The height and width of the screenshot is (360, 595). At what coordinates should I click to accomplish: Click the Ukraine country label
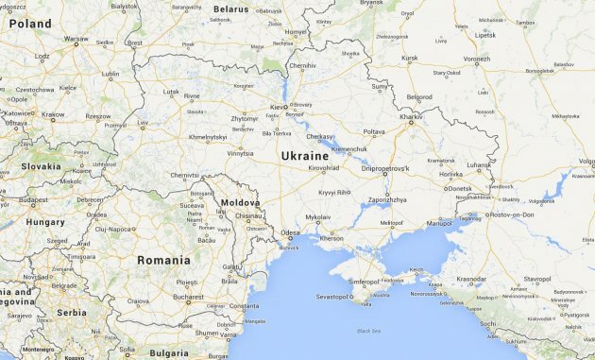pyautogui.click(x=305, y=156)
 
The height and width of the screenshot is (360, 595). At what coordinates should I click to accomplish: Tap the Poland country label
pyautogui.click(x=30, y=23)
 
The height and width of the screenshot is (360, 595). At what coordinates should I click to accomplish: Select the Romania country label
pyautogui.click(x=163, y=260)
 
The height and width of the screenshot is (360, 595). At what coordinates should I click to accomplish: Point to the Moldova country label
pyautogui.click(x=240, y=203)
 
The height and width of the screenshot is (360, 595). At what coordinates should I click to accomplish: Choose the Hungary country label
pyautogui.click(x=45, y=222)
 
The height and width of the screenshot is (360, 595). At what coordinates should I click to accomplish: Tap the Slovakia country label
pyautogui.click(x=42, y=166)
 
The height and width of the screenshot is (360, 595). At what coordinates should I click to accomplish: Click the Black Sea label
pyautogui.click(x=370, y=331)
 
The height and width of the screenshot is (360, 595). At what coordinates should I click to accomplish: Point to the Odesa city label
pyautogui.click(x=290, y=232)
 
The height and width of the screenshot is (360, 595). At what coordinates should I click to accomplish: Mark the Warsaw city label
pyautogui.click(x=76, y=40)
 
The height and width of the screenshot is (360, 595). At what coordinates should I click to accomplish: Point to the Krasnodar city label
pyautogui.click(x=471, y=280)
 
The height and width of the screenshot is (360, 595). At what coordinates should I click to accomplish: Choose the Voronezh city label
pyautogui.click(x=476, y=59)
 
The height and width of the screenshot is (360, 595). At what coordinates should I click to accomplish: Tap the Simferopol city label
pyautogui.click(x=365, y=282)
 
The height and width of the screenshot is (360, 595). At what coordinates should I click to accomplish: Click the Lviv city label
pyautogui.click(x=142, y=123)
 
